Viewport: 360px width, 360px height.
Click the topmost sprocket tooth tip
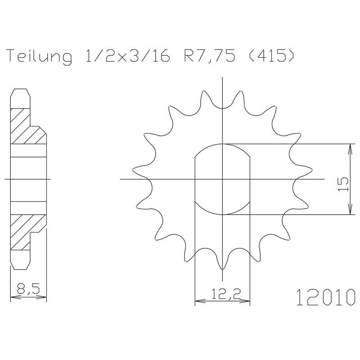pos(223,108)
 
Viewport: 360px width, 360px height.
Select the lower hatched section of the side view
pos(27,232)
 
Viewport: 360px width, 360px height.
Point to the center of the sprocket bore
pos(223,179)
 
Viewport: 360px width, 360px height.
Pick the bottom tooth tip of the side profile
pos(21,269)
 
